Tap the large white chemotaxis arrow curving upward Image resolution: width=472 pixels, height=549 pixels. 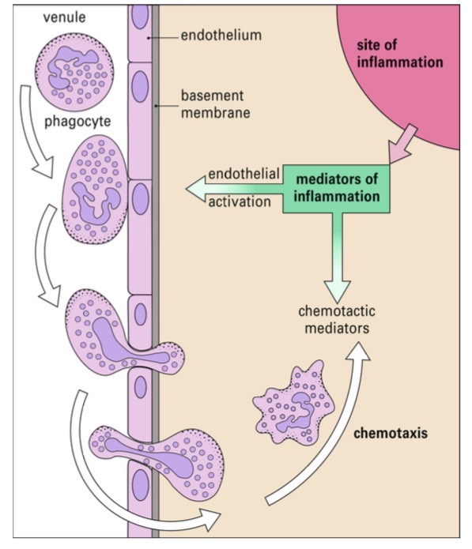(x=332, y=442)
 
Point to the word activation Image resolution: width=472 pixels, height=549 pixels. (x=240, y=201)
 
